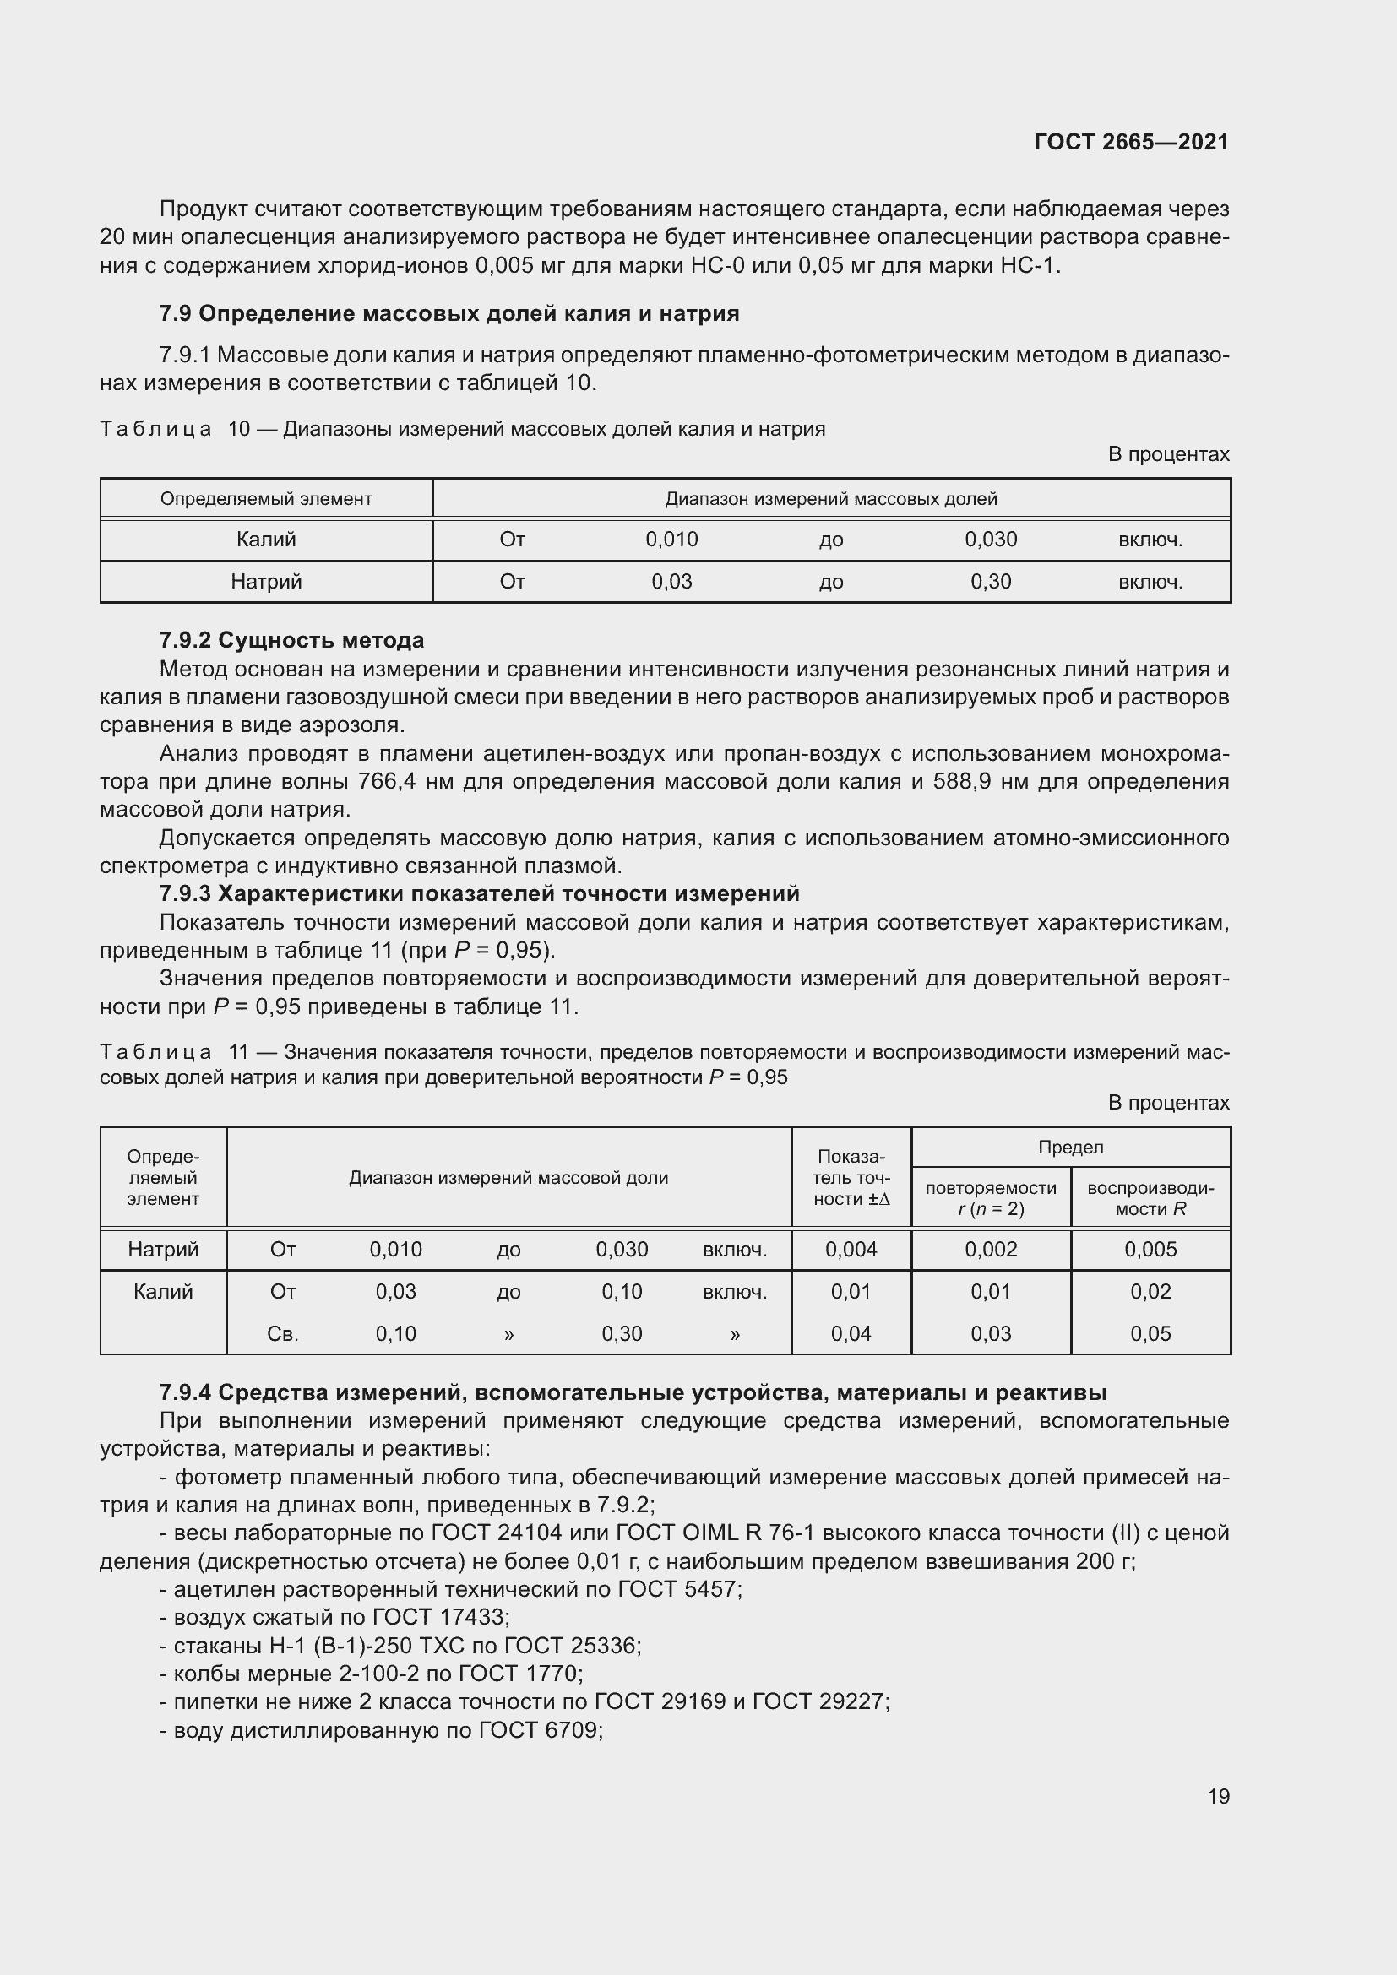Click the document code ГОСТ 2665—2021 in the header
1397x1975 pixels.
tap(1130, 142)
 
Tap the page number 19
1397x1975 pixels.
tap(1218, 1796)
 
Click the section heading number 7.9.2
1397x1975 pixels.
tap(186, 640)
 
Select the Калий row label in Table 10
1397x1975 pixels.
tap(266, 540)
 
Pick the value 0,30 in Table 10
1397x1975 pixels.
tap(990, 582)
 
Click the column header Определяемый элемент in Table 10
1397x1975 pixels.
tap(266, 499)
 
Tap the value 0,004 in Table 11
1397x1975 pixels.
tap(851, 1249)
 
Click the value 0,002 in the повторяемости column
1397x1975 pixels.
tap(990, 1249)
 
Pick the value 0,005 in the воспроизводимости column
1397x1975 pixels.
tap(1150, 1249)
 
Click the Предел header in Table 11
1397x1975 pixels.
tap(1070, 1147)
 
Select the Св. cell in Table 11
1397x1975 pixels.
tap(282, 1333)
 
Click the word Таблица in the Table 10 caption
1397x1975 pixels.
tap(155, 429)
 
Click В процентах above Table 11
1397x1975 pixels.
tap(1168, 1103)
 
